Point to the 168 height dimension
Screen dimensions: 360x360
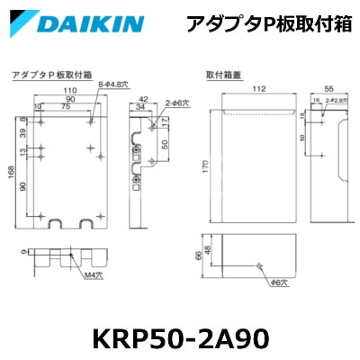point(11,171)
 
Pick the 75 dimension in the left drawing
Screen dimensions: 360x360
point(67,106)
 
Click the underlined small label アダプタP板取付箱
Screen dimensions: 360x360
point(43,77)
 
